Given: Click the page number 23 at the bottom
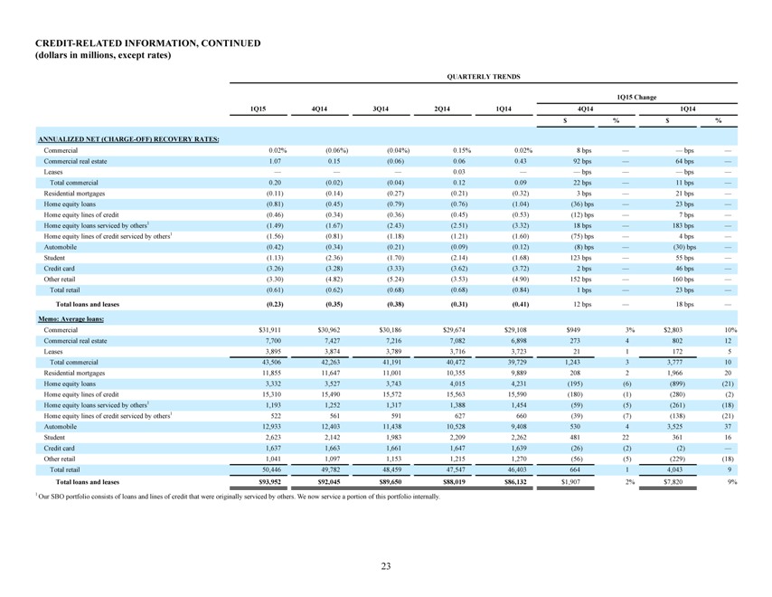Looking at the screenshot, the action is [385, 566].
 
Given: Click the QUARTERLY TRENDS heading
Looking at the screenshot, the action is [483, 76].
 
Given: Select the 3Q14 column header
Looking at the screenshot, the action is [381, 109].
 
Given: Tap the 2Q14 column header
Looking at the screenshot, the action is [442, 109].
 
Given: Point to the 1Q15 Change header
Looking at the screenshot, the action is [636, 97].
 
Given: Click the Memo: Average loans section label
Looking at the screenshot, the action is [71, 318].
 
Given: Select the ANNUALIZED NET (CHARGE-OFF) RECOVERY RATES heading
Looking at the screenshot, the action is [128, 139].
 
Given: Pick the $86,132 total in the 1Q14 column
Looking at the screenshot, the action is [515, 482].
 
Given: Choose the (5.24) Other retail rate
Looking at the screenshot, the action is [396, 280].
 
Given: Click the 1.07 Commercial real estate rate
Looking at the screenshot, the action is [275, 161].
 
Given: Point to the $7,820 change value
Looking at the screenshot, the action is [673, 482].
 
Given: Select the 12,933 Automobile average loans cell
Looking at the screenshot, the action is [272, 427].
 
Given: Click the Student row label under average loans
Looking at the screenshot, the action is [54, 438].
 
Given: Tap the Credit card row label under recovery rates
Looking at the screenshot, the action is [59, 269].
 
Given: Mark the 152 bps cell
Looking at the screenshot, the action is [582, 280].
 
